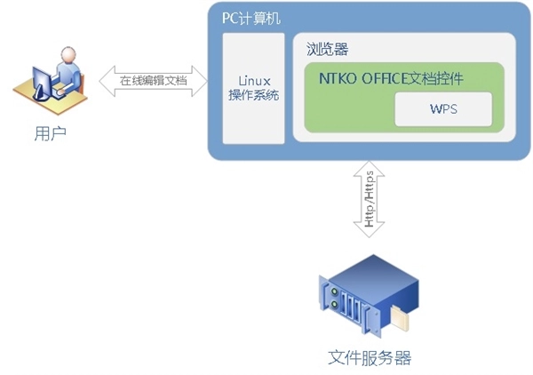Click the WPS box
point(442,110)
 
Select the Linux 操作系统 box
point(248,87)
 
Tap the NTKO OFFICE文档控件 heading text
point(391,79)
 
